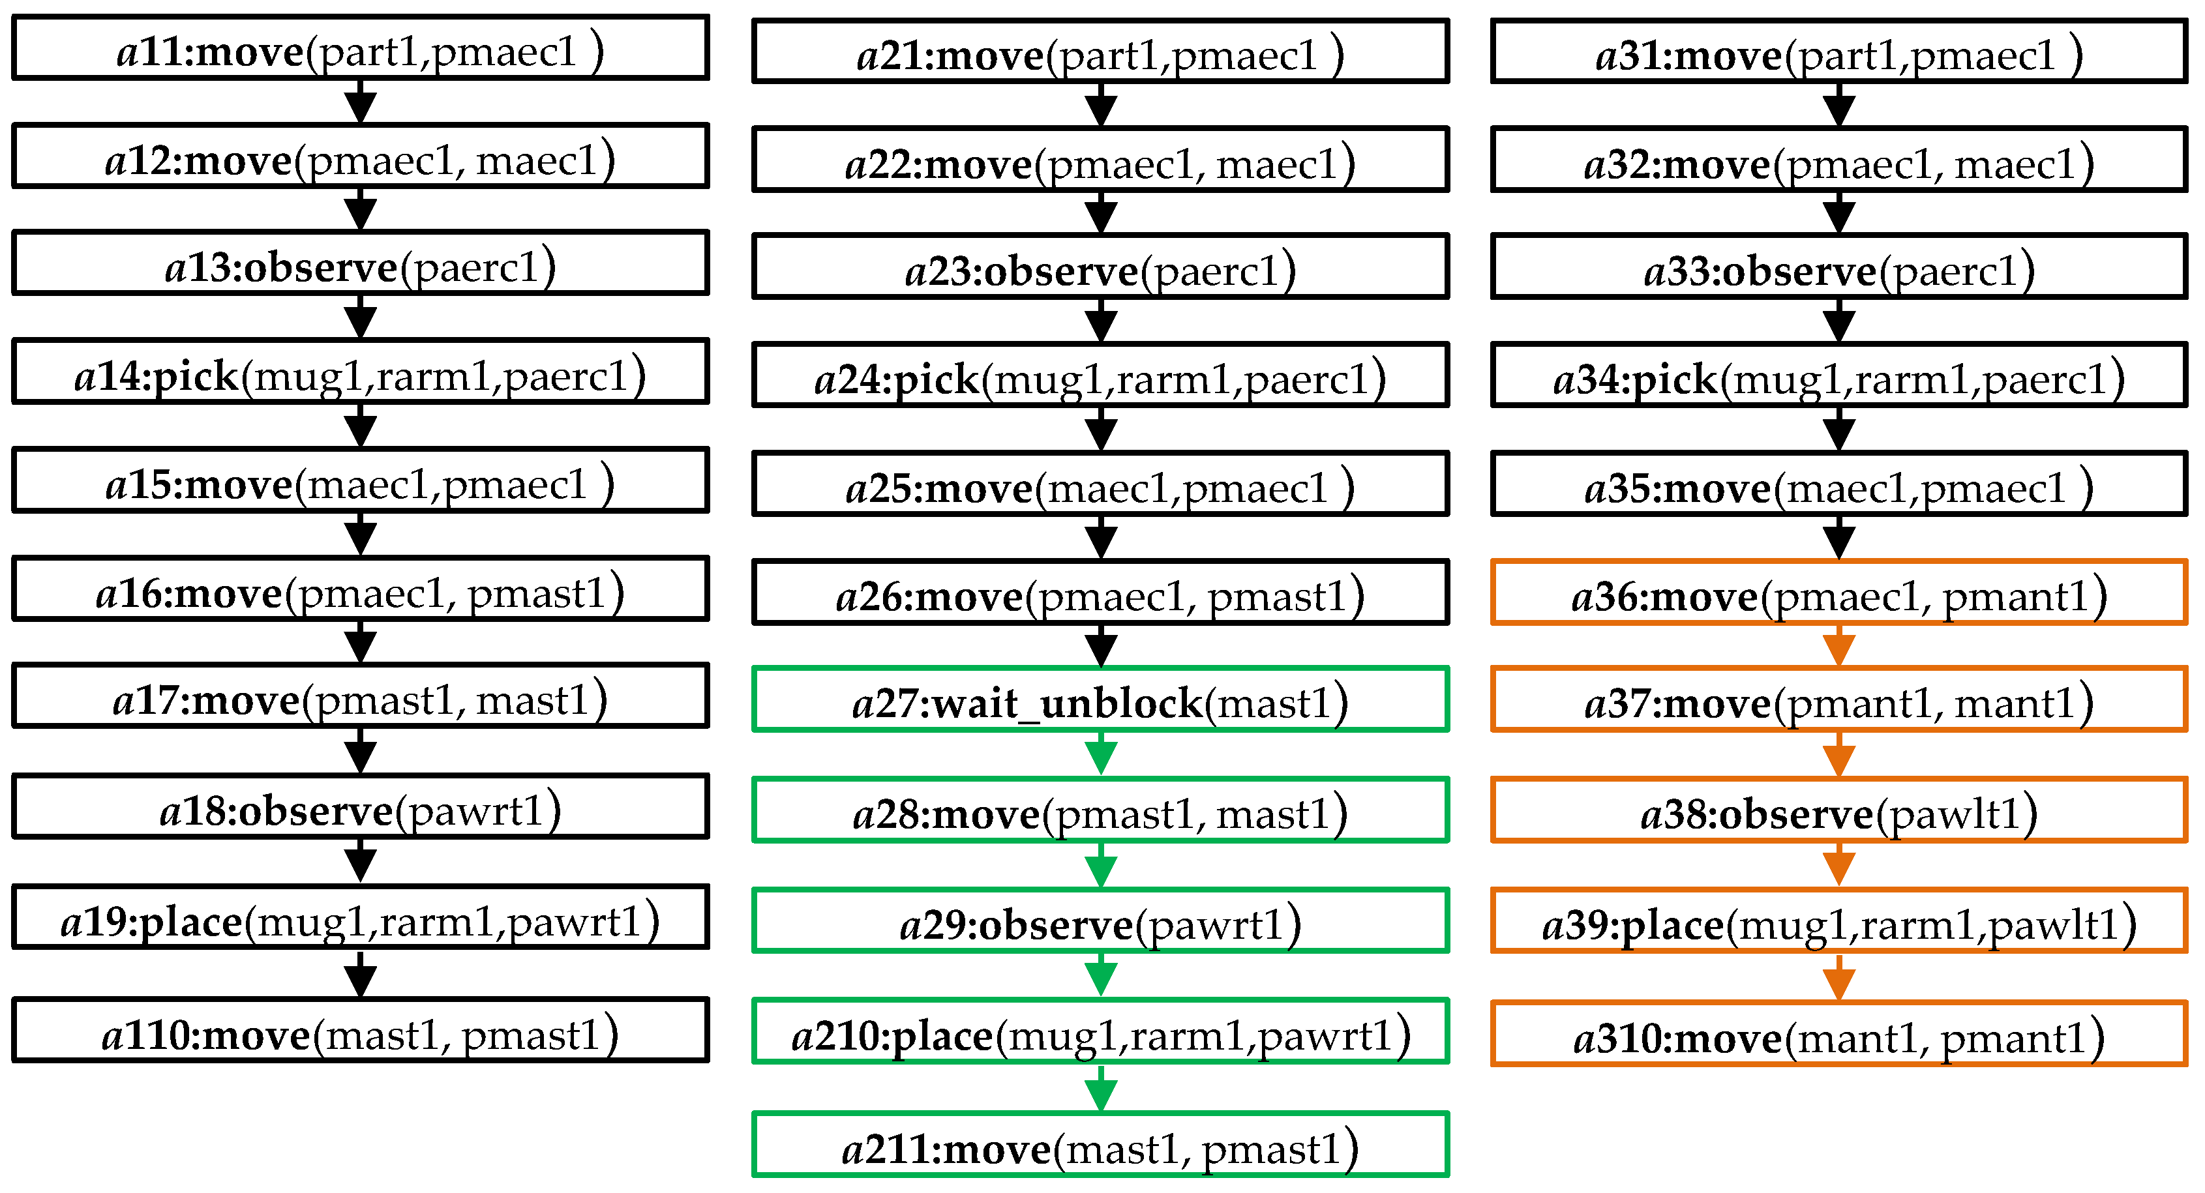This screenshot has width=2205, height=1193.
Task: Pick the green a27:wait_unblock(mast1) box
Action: (1100, 700)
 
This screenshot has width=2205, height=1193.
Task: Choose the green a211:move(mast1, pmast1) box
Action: (1100, 1145)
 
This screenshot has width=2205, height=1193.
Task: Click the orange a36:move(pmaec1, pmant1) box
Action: (1838, 593)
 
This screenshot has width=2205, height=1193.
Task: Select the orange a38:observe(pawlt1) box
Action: (1838, 810)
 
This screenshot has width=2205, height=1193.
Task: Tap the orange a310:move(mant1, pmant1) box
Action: (1838, 1035)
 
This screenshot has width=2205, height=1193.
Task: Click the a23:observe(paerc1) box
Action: (1100, 268)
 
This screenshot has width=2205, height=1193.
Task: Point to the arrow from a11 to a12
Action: (361, 102)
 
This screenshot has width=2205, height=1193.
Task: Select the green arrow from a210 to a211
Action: (1101, 1089)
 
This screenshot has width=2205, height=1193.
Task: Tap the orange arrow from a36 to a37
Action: (1838, 646)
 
